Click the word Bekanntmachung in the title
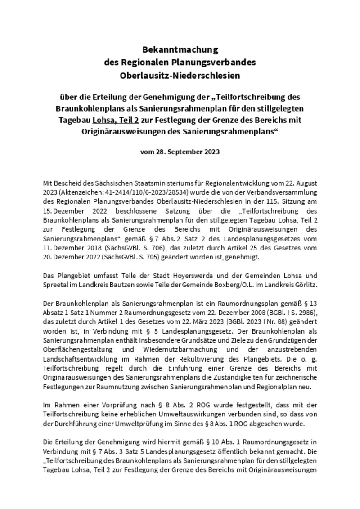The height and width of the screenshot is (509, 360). pos(180,49)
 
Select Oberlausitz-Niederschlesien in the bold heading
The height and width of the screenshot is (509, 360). pos(180,76)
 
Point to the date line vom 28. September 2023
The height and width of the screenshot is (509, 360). pos(180,152)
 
